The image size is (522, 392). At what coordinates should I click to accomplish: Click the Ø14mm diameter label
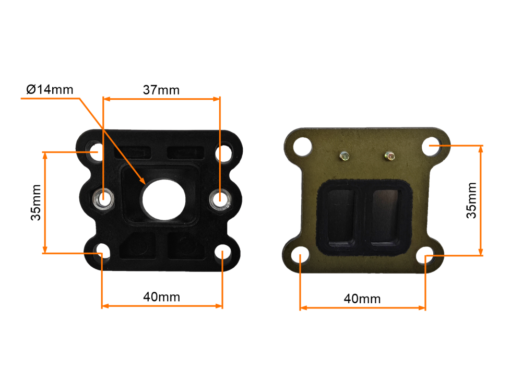(x=50, y=90)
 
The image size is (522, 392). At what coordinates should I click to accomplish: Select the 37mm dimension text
(x=161, y=90)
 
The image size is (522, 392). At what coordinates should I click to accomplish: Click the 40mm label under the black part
(x=162, y=297)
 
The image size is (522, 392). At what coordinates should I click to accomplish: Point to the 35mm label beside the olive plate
(x=471, y=200)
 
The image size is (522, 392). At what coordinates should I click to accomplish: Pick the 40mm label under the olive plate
(x=362, y=299)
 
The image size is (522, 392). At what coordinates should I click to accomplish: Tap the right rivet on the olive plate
(x=389, y=155)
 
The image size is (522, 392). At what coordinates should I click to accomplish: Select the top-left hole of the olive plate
(x=301, y=147)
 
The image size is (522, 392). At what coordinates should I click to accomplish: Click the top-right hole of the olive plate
(x=431, y=146)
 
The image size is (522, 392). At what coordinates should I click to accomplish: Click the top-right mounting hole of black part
(x=223, y=153)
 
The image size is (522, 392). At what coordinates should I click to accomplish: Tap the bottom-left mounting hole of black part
(x=101, y=254)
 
